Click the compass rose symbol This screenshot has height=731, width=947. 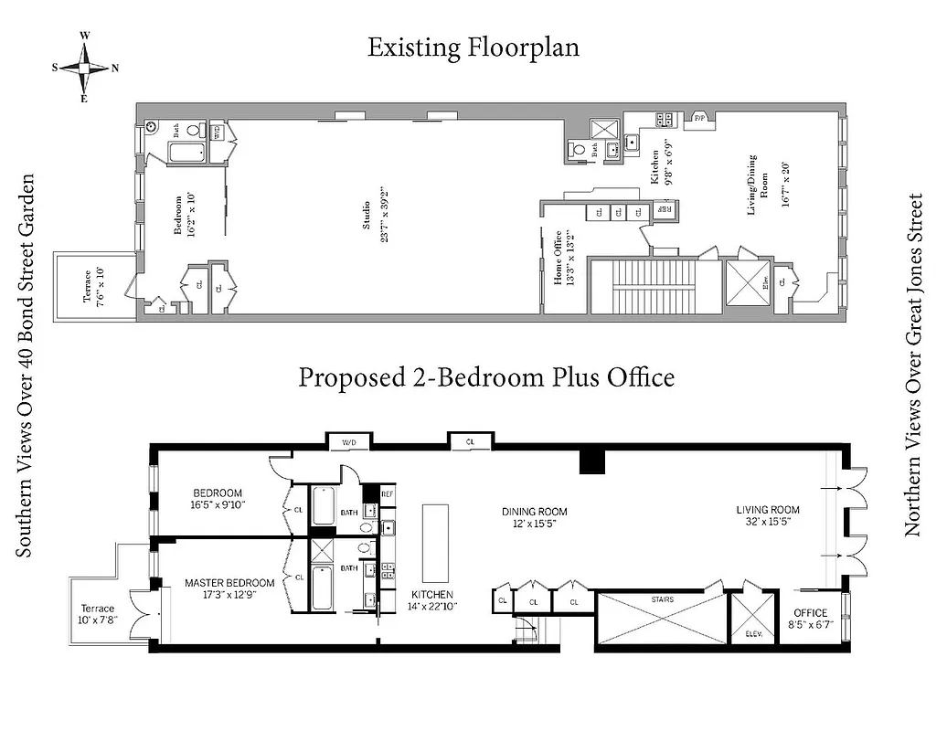coord(84,67)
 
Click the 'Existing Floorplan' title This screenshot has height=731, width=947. coord(473,48)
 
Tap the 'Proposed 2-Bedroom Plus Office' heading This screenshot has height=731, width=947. coord(486,376)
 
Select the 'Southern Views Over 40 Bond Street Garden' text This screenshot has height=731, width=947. coord(26,365)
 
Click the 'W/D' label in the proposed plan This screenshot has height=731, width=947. coord(350,442)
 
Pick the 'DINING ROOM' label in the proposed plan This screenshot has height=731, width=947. coord(535,512)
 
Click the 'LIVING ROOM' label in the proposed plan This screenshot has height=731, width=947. coord(769,510)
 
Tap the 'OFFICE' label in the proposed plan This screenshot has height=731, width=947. coord(811,613)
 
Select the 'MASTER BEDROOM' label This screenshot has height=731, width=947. coord(229,583)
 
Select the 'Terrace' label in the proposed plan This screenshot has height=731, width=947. coord(98,609)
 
